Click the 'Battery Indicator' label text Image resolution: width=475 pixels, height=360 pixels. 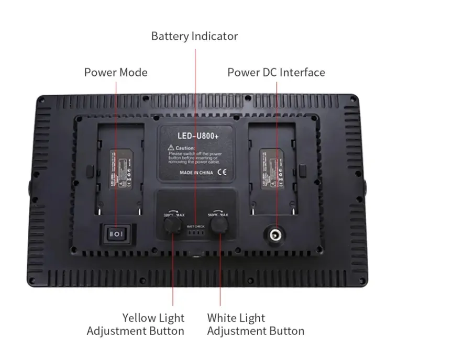194,36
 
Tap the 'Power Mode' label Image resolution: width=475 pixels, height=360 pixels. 116,72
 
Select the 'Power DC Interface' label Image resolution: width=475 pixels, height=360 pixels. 276,72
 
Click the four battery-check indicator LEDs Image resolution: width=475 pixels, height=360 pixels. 194,233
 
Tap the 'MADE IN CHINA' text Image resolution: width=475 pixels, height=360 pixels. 196,172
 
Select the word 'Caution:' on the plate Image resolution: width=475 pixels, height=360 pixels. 185,148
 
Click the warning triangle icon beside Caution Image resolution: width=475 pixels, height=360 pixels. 171,148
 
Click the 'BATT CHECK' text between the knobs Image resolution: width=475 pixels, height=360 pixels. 194,226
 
